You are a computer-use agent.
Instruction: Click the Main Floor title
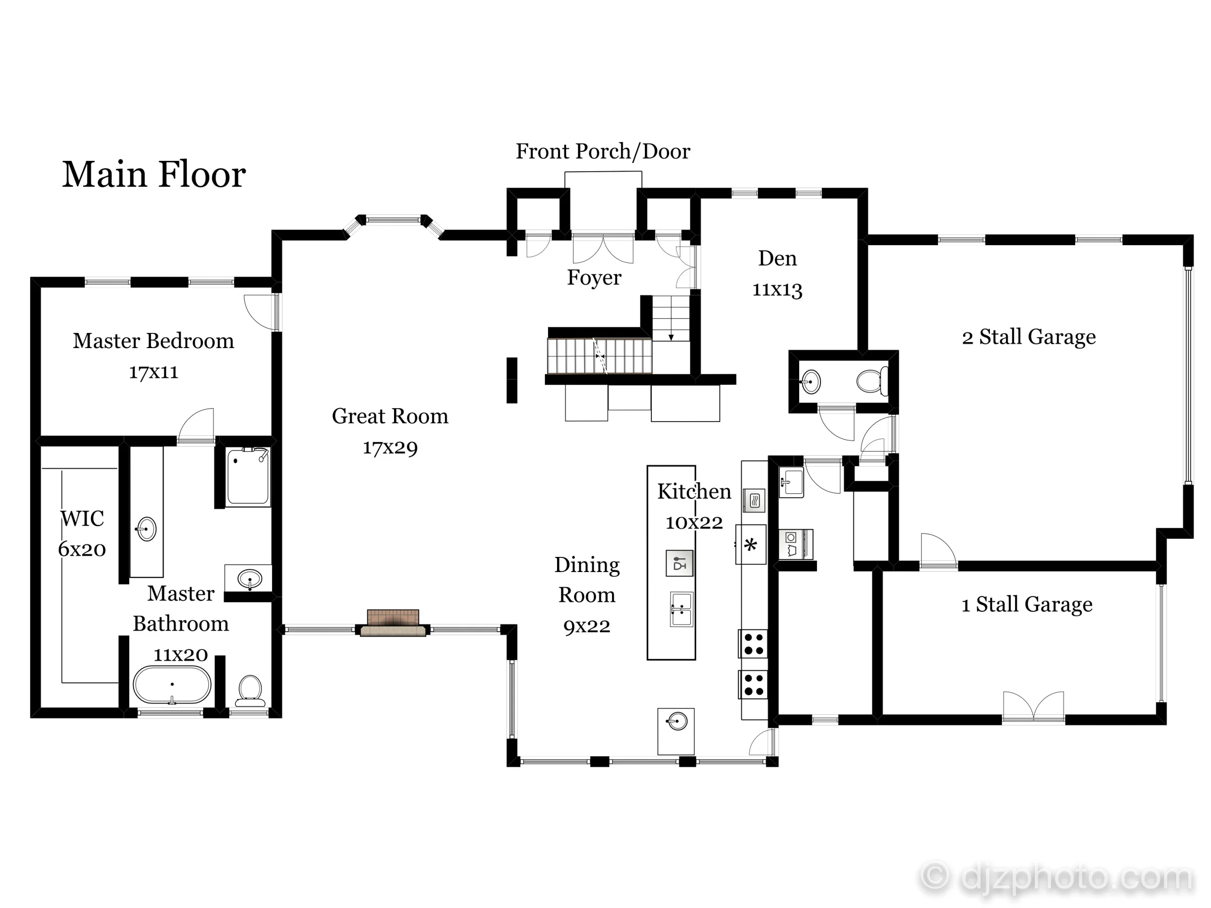(x=154, y=175)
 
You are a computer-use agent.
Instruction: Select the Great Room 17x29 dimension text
(x=390, y=448)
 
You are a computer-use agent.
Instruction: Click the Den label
(x=778, y=258)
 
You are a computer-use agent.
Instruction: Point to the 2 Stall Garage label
(x=1029, y=337)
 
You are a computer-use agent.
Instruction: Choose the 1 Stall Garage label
(x=1027, y=604)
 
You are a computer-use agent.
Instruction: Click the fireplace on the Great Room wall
(x=393, y=623)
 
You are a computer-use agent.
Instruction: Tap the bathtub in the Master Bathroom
(x=172, y=685)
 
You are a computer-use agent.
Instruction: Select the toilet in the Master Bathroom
(x=250, y=691)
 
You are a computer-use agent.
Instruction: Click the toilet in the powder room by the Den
(x=871, y=381)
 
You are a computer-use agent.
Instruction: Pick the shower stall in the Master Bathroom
(x=248, y=476)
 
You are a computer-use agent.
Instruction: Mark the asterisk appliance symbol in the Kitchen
(x=751, y=545)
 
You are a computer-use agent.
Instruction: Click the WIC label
(x=82, y=518)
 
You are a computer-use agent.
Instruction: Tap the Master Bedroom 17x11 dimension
(x=153, y=372)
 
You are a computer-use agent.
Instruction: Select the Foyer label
(x=594, y=277)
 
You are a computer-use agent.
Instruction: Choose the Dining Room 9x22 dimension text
(x=587, y=626)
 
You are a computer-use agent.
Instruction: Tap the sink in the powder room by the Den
(x=810, y=381)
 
